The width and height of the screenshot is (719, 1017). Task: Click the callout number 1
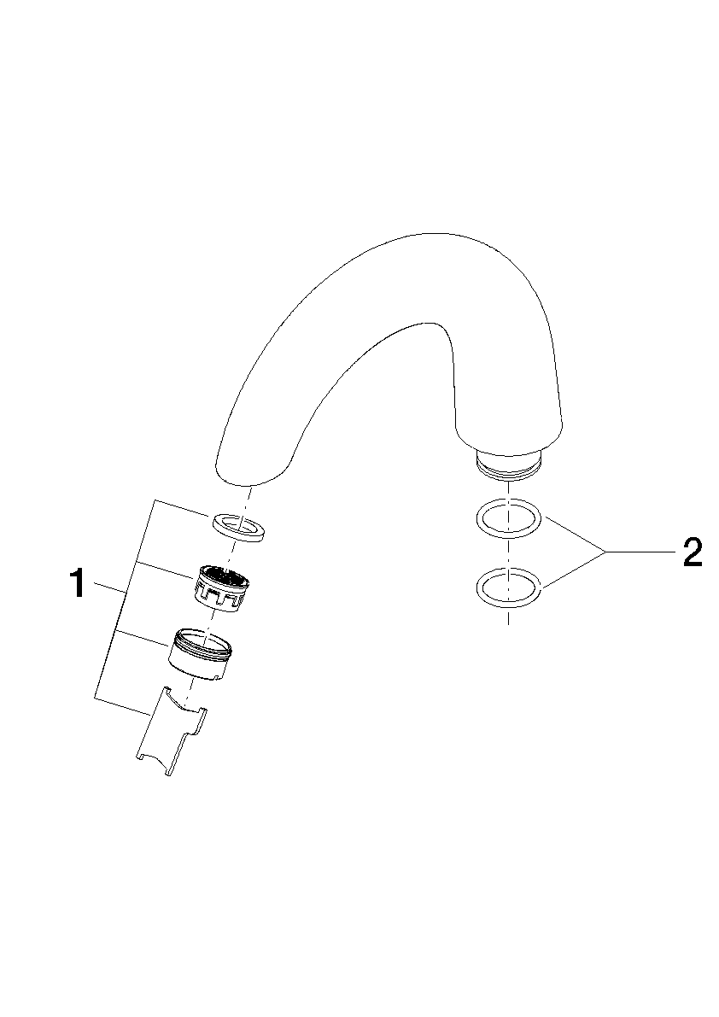point(79,583)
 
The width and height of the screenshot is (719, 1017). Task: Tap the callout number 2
point(692,553)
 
